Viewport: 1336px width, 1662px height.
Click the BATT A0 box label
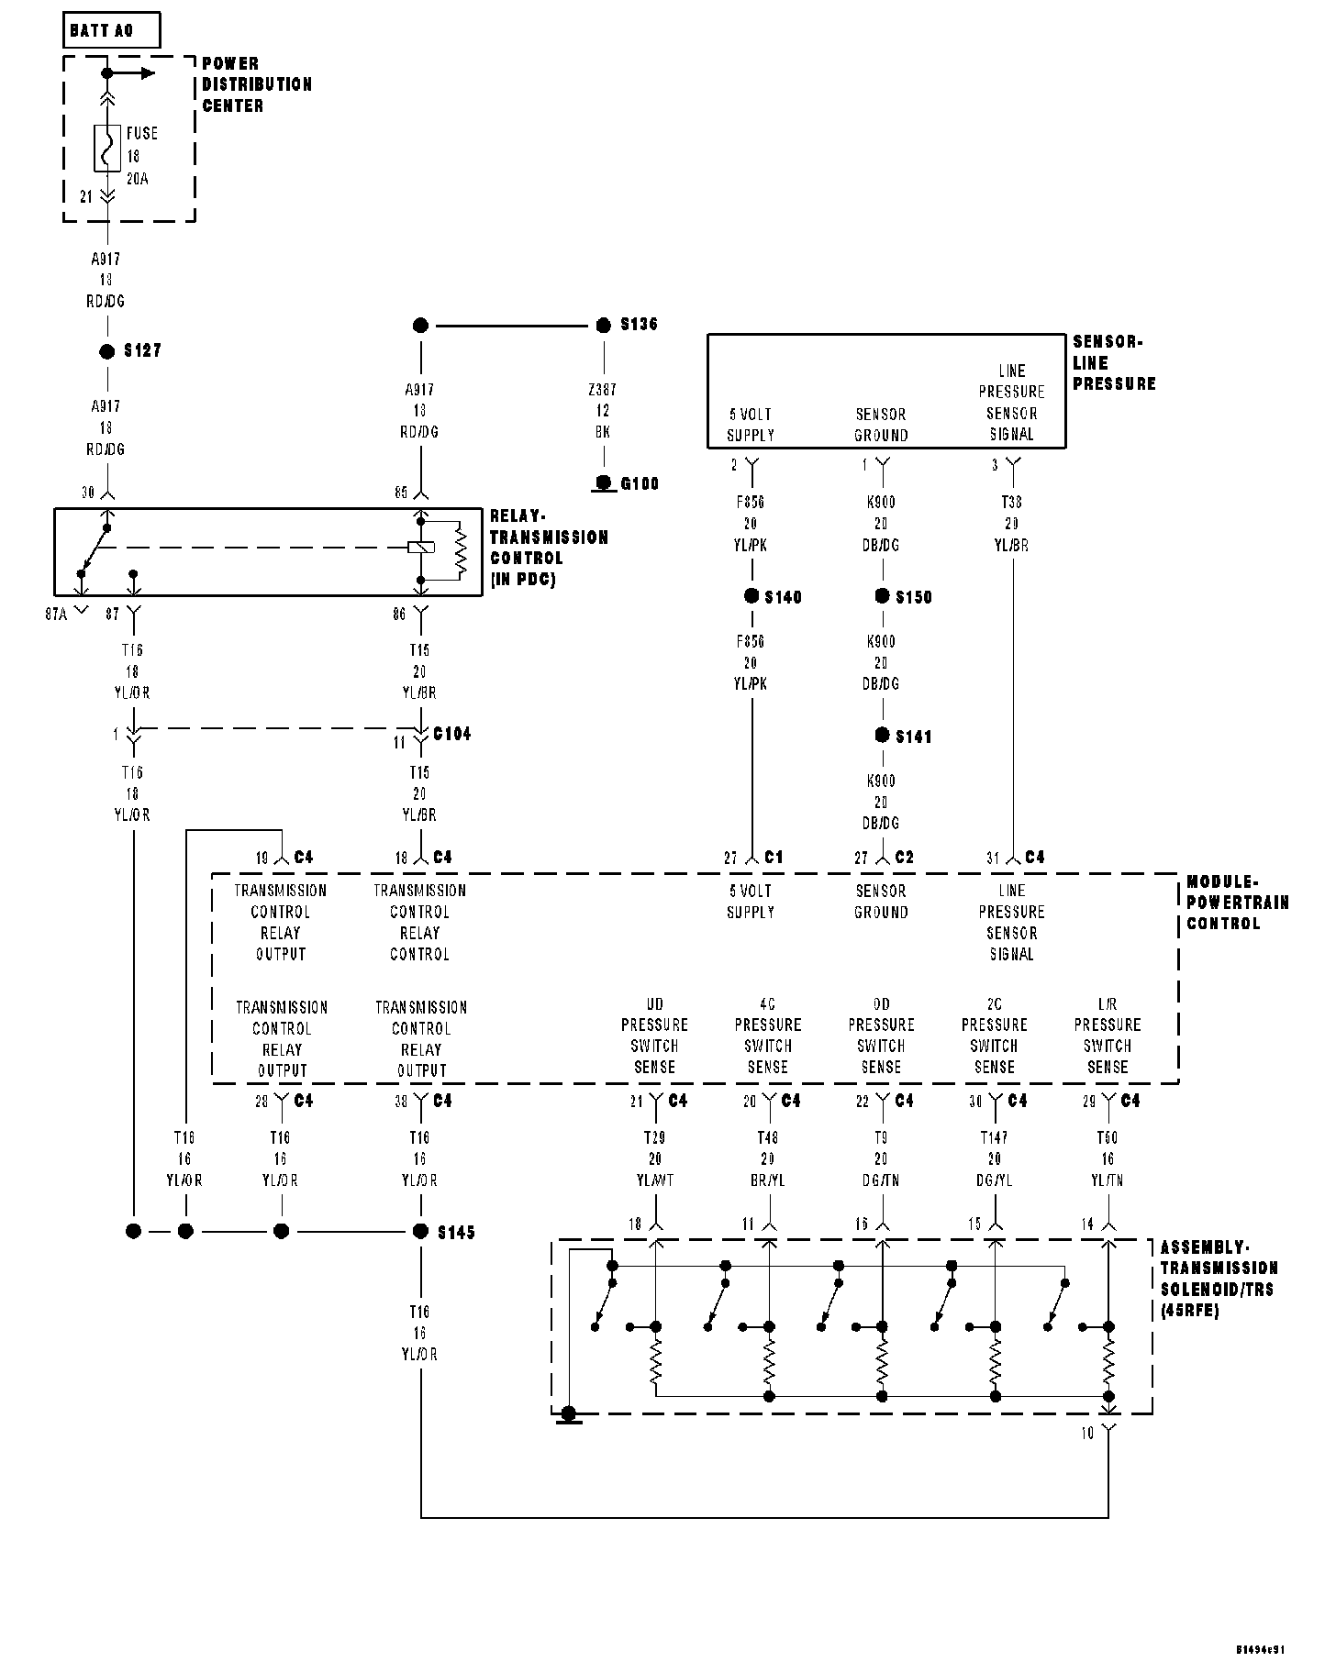pos(102,30)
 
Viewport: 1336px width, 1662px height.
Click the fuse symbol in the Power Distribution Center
pos(107,149)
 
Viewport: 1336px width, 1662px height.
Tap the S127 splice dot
pos(107,351)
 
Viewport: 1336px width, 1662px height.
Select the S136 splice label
pos(639,325)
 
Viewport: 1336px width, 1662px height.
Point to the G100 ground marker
pos(604,483)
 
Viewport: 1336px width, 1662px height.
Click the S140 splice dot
pos(751,596)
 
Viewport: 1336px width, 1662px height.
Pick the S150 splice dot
pos(883,596)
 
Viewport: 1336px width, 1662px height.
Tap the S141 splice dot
pos(883,736)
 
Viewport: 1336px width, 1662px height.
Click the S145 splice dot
pos(421,1231)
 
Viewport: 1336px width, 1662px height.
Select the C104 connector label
pos(451,735)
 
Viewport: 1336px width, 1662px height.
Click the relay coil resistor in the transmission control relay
pos(461,550)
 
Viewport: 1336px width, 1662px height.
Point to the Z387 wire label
pos(603,390)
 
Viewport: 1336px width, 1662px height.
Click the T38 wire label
pos(1012,503)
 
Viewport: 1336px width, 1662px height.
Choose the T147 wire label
pos(995,1138)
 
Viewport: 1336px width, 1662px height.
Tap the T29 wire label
pos(655,1138)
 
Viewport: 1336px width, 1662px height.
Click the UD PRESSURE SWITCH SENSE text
pos(654,1036)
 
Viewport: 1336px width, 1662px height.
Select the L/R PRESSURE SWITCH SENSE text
pos(1108,1036)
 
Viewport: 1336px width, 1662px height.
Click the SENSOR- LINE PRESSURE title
pos(1113,363)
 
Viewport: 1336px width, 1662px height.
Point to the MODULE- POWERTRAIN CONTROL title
pos(1237,903)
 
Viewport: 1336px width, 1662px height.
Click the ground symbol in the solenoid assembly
pos(570,1415)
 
